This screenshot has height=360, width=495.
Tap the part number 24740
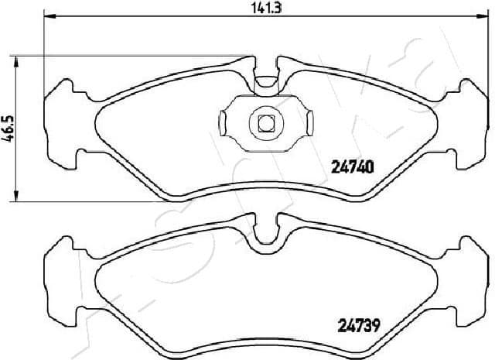click(353, 165)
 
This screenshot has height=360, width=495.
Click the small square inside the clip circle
click(265, 122)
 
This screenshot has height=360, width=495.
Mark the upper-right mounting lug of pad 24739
click(473, 252)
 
